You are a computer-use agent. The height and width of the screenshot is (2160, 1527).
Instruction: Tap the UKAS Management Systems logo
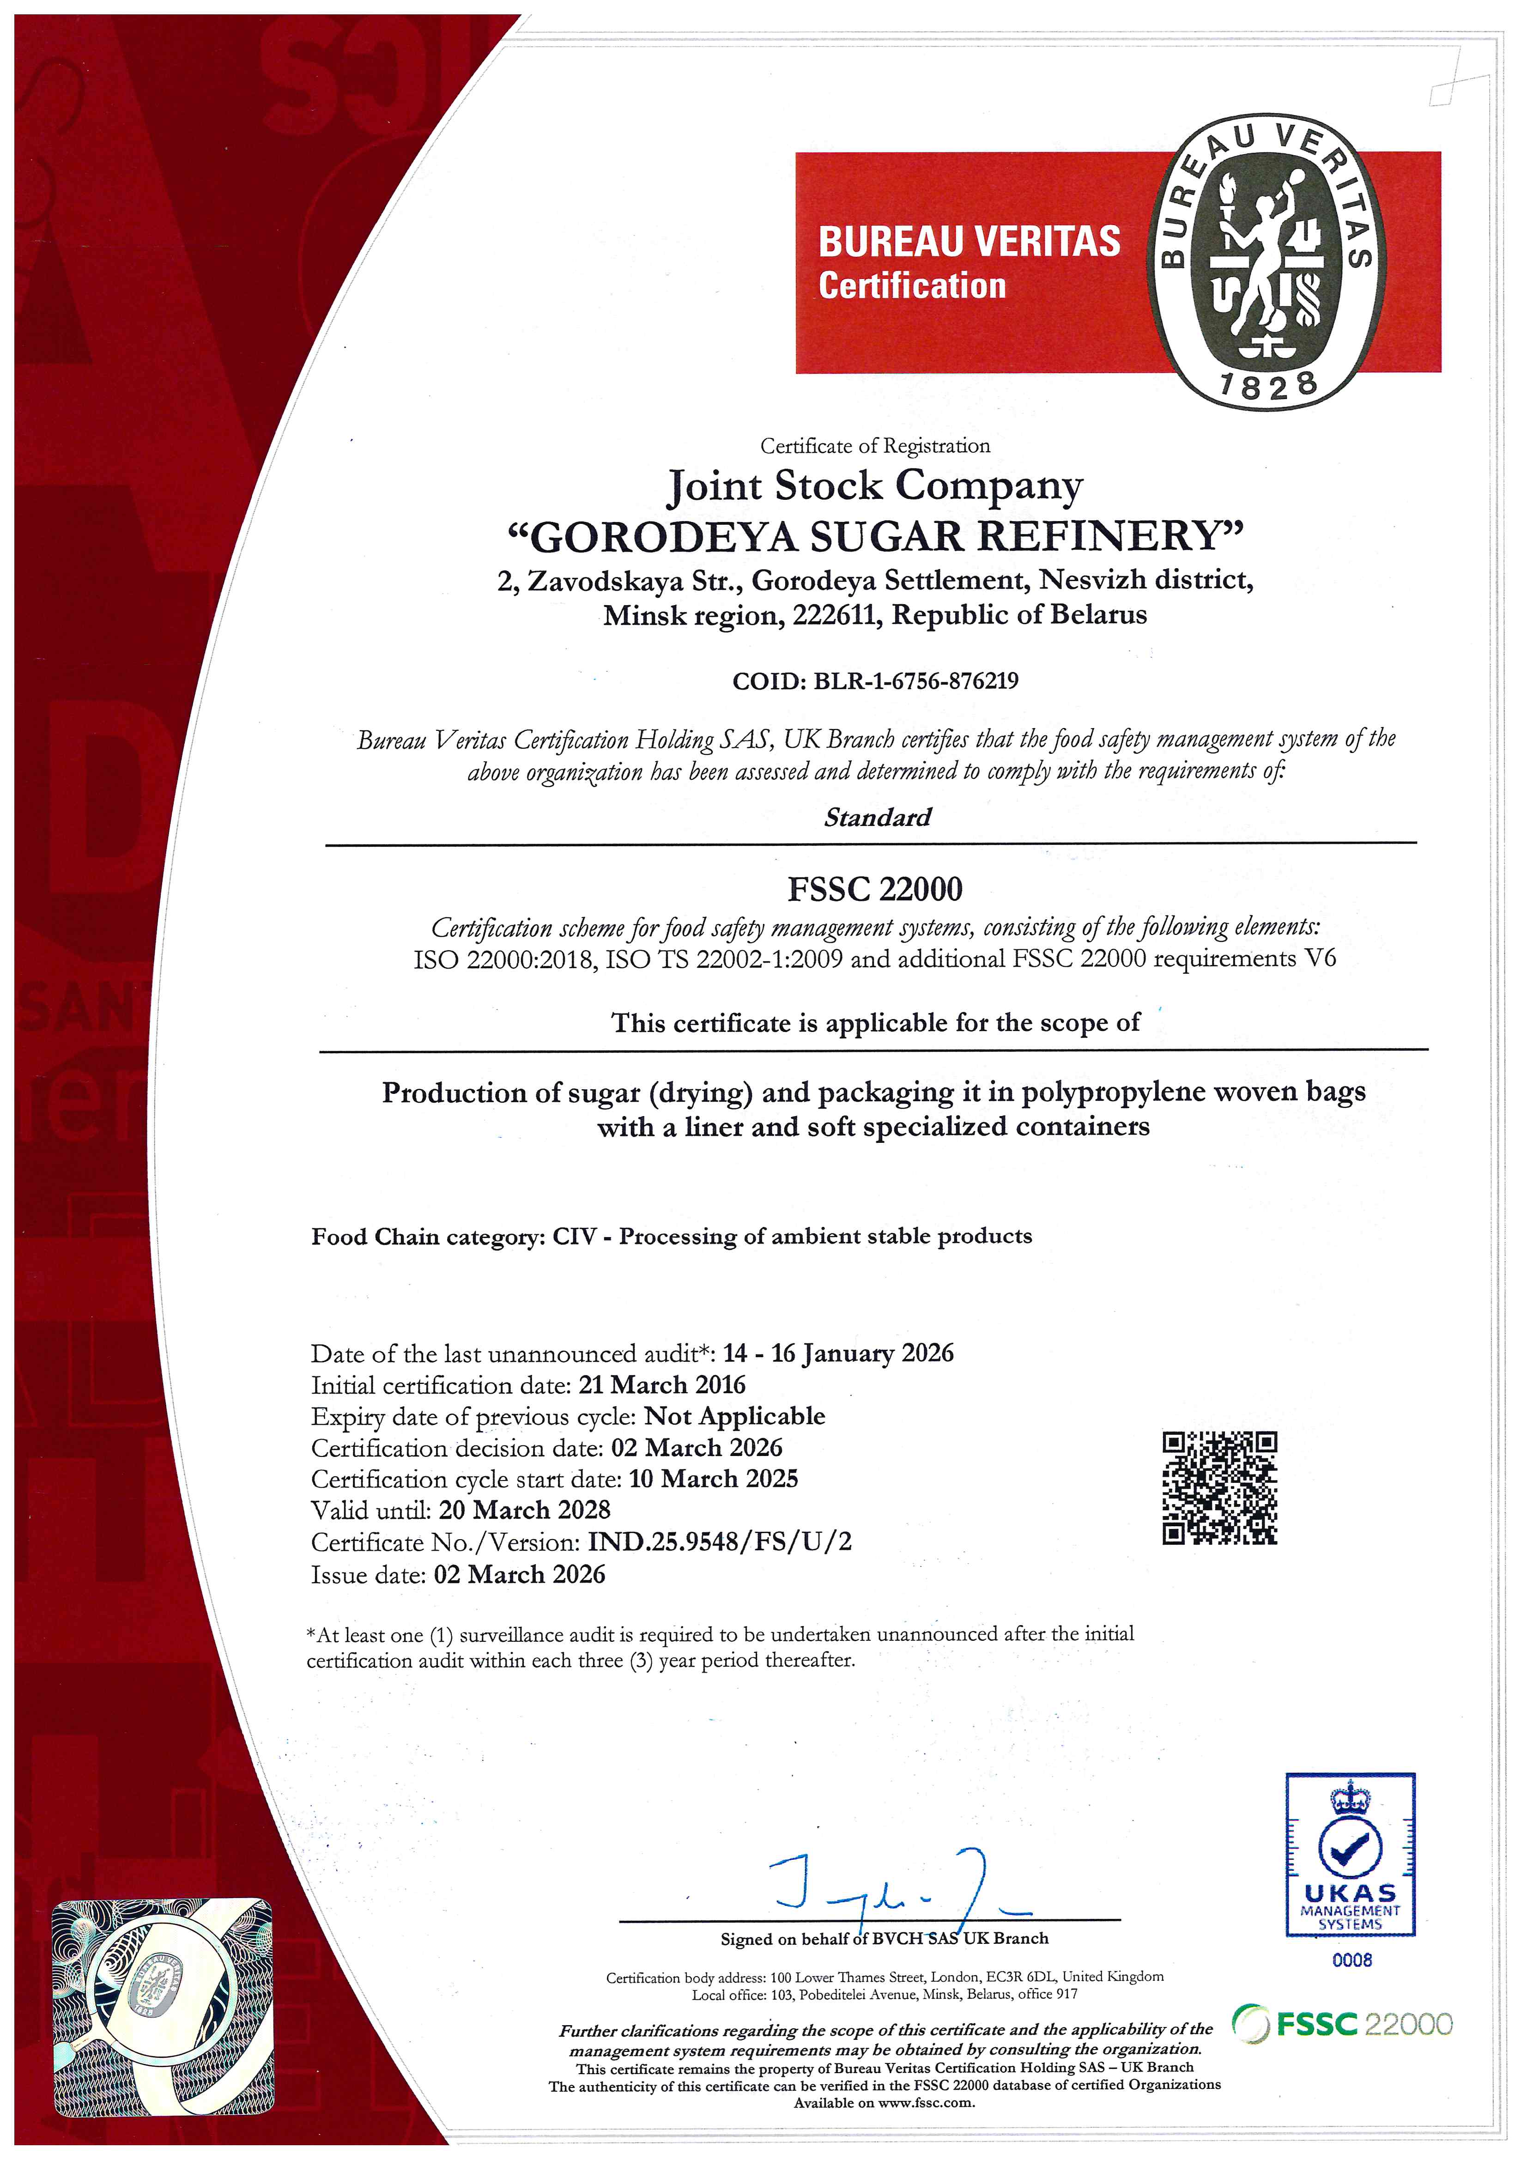(1350, 1854)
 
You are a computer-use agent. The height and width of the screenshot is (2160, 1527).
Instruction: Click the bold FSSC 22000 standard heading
(875, 889)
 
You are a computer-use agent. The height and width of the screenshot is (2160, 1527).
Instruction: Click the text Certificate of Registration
(875, 446)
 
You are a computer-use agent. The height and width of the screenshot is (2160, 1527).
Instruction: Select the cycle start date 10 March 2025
(713, 1479)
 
